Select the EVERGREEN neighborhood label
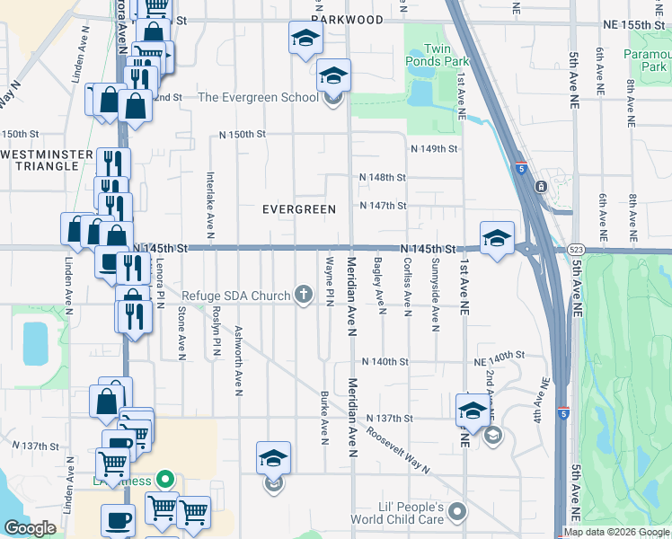pyautogui.click(x=298, y=209)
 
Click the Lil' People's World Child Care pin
pyautogui.click(x=457, y=512)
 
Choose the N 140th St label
pyautogui.click(x=385, y=361)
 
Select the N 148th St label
pyautogui.click(x=383, y=178)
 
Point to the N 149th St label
pyautogui.click(x=435, y=149)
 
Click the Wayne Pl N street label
pyautogui.click(x=330, y=280)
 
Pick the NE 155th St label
pyautogui.click(x=640, y=24)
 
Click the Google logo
pyautogui.click(x=30, y=528)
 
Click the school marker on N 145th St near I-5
pyautogui.click(x=497, y=237)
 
